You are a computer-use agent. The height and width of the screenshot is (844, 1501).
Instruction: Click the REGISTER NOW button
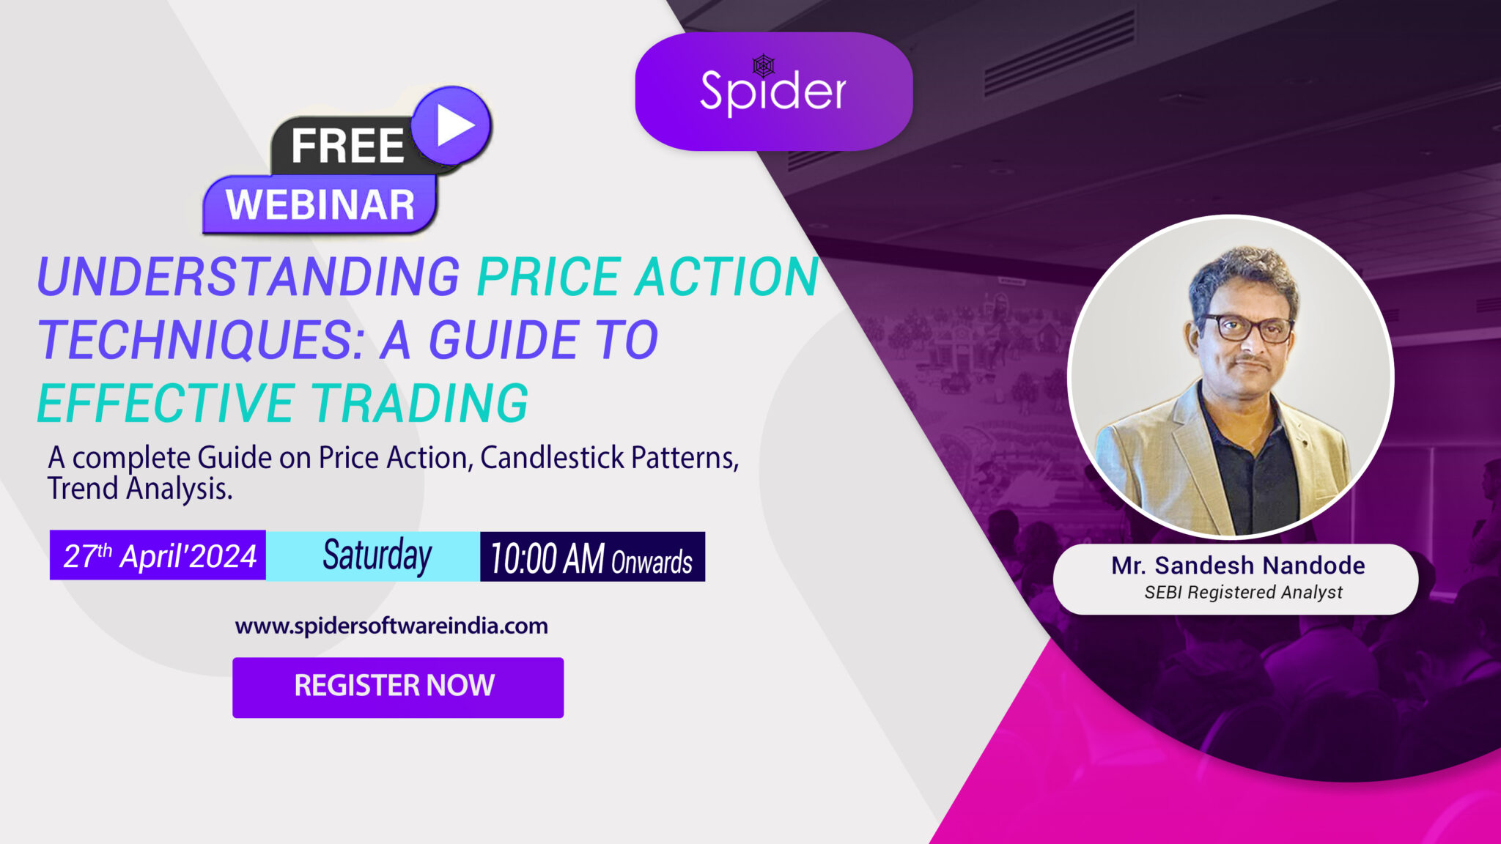coord(397,686)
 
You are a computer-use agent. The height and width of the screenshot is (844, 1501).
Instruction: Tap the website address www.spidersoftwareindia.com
coord(391,626)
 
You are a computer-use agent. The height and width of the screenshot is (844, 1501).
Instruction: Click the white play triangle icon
coord(454,126)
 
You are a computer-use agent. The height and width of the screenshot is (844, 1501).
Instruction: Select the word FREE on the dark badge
coord(347,146)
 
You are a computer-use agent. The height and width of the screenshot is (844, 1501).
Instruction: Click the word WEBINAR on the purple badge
coord(320,204)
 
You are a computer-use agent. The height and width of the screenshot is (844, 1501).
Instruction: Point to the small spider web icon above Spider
coord(764,66)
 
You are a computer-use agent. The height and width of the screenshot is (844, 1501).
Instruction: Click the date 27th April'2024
coord(159,556)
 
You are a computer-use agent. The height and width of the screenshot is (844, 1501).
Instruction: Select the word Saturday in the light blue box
coord(377,556)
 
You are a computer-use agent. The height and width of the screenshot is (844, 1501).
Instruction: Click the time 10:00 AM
coord(547,559)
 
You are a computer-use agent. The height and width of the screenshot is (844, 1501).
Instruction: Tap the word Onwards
coord(652,562)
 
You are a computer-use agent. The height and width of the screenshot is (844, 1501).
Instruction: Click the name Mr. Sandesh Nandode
coord(1237,566)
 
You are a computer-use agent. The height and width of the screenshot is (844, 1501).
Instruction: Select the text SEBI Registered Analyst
coord(1243,592)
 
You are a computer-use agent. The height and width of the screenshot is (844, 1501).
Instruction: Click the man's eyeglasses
coord(1246,327)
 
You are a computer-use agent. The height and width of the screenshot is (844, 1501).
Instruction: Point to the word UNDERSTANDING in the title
coord(248,277)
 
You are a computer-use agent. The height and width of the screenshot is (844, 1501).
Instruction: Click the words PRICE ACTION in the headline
coord(647,277)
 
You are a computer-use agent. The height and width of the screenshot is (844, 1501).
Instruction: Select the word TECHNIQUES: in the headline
coord(202,340)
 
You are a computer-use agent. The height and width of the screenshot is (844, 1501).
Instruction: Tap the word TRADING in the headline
coord(420,403)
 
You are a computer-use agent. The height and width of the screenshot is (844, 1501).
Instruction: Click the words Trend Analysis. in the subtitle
coord(140,489)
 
